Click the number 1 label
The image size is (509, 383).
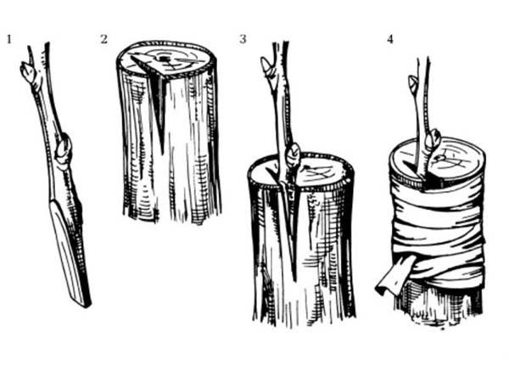pos(9,39)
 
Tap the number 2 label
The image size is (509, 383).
pos(103,39)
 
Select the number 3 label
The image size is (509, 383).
pos(243,39)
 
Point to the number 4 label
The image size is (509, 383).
pos(390,39)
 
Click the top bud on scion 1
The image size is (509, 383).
pos(27,71)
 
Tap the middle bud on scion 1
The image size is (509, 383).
pos(63,150)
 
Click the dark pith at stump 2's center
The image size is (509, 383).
pos(163,59)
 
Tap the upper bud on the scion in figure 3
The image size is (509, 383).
pos(267,67)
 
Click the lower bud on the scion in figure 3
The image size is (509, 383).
pos(294,155)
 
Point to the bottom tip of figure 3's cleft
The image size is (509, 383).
pos(294,280)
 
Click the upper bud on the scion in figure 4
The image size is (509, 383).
pos(413,83)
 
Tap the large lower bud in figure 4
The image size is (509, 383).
pos(433,140)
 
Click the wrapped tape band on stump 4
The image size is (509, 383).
pos(439,234)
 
